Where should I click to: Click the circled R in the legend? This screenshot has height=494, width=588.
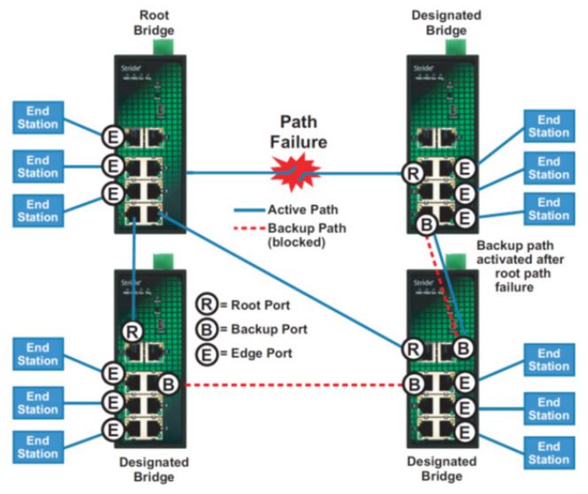(x=203, y=307)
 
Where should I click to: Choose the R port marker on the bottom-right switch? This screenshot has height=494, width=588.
(x=413, y=348)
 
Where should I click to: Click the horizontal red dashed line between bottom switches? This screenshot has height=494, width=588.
(x=292, y=385)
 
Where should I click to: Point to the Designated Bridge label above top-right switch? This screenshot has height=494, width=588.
(x=446, y=24)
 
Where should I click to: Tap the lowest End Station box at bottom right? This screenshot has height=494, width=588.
(x=547, y=452)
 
